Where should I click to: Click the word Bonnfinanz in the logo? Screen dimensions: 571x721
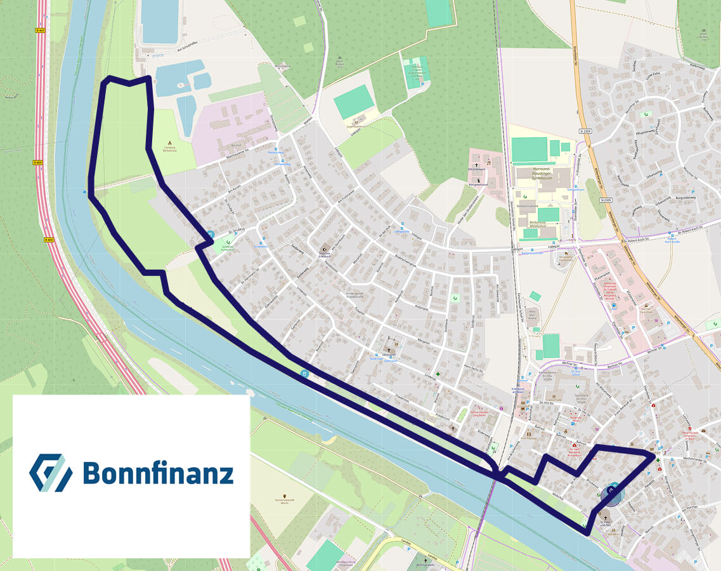coord(158,473)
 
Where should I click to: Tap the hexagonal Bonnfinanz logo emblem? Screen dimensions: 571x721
coord(50,473)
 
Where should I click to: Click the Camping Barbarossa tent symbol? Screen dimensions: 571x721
coord(169,144)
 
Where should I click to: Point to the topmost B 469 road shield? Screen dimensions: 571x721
coord(41,30)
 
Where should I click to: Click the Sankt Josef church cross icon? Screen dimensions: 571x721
coord(389,350)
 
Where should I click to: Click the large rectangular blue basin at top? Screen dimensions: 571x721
coord(160,21)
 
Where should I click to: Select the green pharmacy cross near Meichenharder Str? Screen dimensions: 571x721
coord(658,461)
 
